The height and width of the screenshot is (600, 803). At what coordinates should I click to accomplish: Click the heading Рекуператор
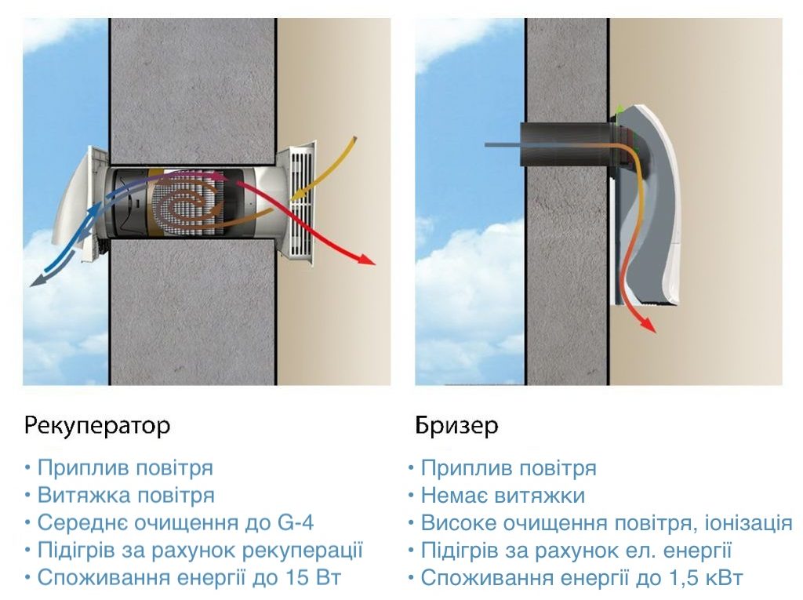pos(97,427)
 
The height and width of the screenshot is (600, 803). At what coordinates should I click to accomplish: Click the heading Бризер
pos(456,427)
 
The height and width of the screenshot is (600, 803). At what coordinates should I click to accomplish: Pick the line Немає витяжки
pos(503,496)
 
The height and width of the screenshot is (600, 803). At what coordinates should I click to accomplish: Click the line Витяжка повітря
pos(125,496)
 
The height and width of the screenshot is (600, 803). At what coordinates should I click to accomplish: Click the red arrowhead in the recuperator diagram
pos(367,260)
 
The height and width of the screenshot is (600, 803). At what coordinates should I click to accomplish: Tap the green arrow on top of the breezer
pos(620,111)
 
